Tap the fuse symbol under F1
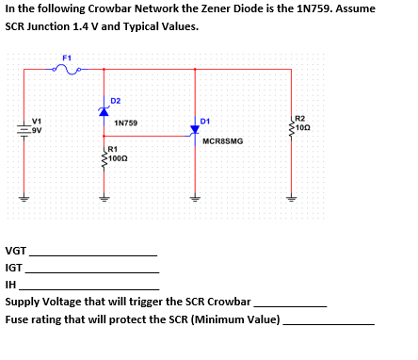coord(67,69)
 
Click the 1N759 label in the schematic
coord(125,123)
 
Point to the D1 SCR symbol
coord(196,131)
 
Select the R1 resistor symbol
coord(104,159)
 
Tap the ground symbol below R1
coord(104,200)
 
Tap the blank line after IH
coord(89,287)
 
